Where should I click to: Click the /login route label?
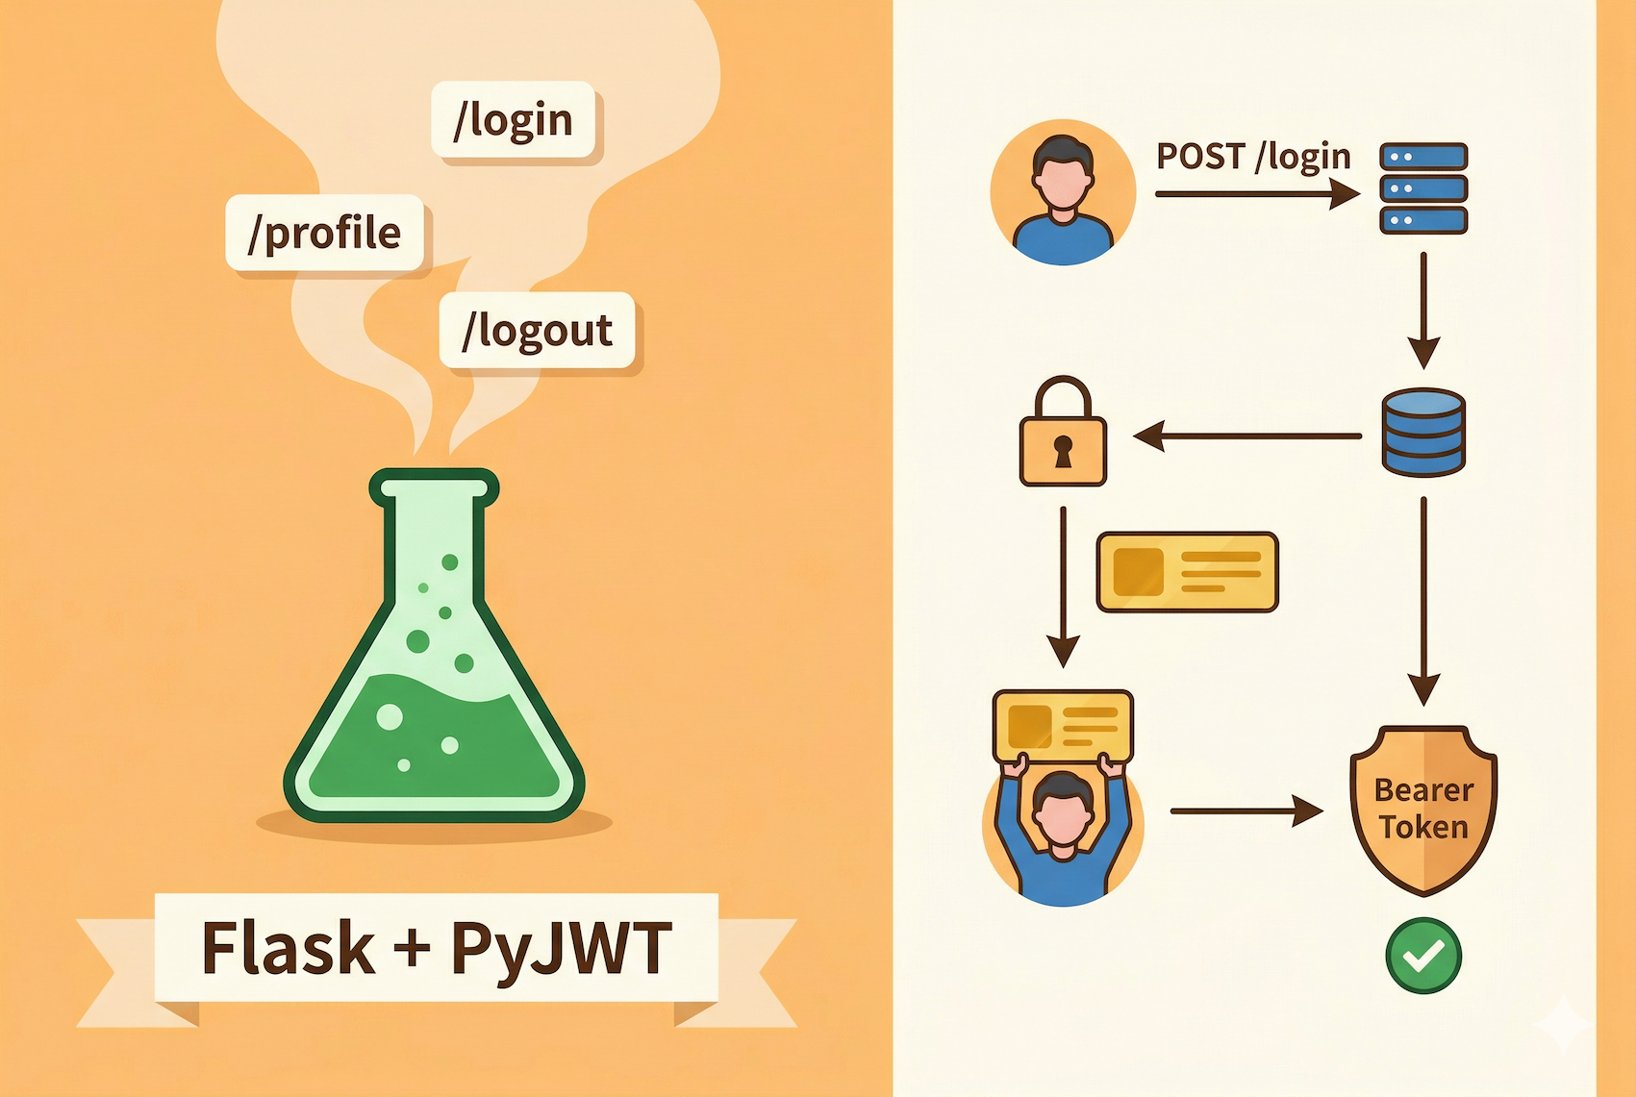pos(513,120)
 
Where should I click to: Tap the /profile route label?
pos(324,234)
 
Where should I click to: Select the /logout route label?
pos(537,331)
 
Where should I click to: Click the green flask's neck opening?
pos(434,487)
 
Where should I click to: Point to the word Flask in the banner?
pos(288,948)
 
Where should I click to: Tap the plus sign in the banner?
pos(412,946)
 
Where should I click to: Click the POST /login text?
pos(1252,157)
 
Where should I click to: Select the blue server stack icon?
pos(1423,188)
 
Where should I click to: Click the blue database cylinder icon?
pos(1422,433)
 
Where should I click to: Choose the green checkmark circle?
pos(1423,955)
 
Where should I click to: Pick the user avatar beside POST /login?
pos(1063,192)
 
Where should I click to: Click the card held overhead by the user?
pos(1063,726)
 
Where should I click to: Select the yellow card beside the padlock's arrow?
pos(1188,572)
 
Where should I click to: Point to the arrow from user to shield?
pos(1246,810)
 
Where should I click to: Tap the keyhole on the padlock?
pos(1063,450)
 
